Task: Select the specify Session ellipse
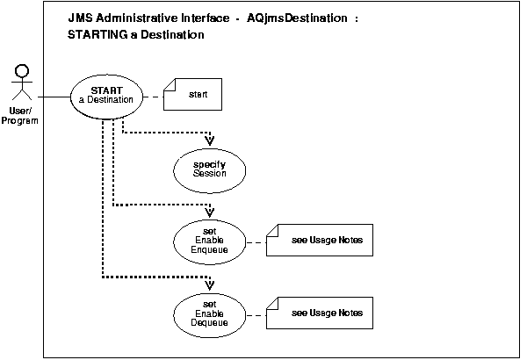210,169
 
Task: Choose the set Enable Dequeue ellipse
210,313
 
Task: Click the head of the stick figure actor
24,70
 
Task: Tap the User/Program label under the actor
24,116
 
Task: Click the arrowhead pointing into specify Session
210,140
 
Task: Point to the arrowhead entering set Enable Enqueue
210,212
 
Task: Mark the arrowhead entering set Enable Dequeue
210,285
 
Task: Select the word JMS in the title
80,18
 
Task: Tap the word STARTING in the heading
97,35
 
